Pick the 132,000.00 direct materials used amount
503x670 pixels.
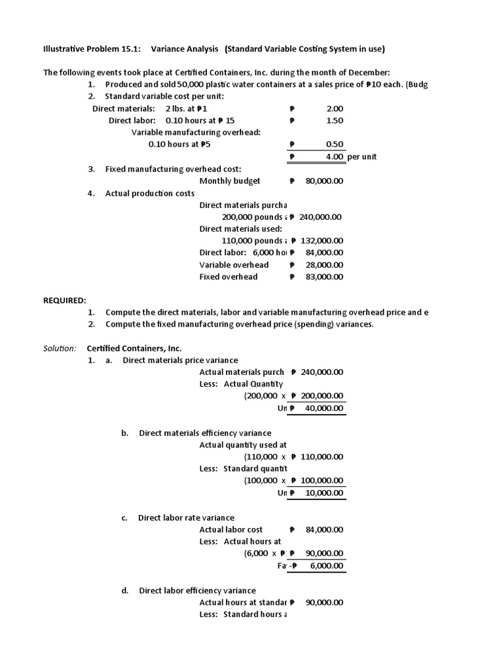pos(322,241)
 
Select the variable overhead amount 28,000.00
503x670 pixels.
pos(324,265)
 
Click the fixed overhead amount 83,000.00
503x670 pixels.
pos(324,277)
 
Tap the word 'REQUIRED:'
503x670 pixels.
pos(65,300)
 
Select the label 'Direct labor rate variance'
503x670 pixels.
pos(186,518)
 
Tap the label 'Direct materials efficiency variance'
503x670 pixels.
pos(205,433)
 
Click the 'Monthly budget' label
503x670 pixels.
pos(230,181)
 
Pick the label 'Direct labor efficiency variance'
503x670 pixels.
pos(197,590)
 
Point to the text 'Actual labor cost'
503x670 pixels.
pos(231,529)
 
